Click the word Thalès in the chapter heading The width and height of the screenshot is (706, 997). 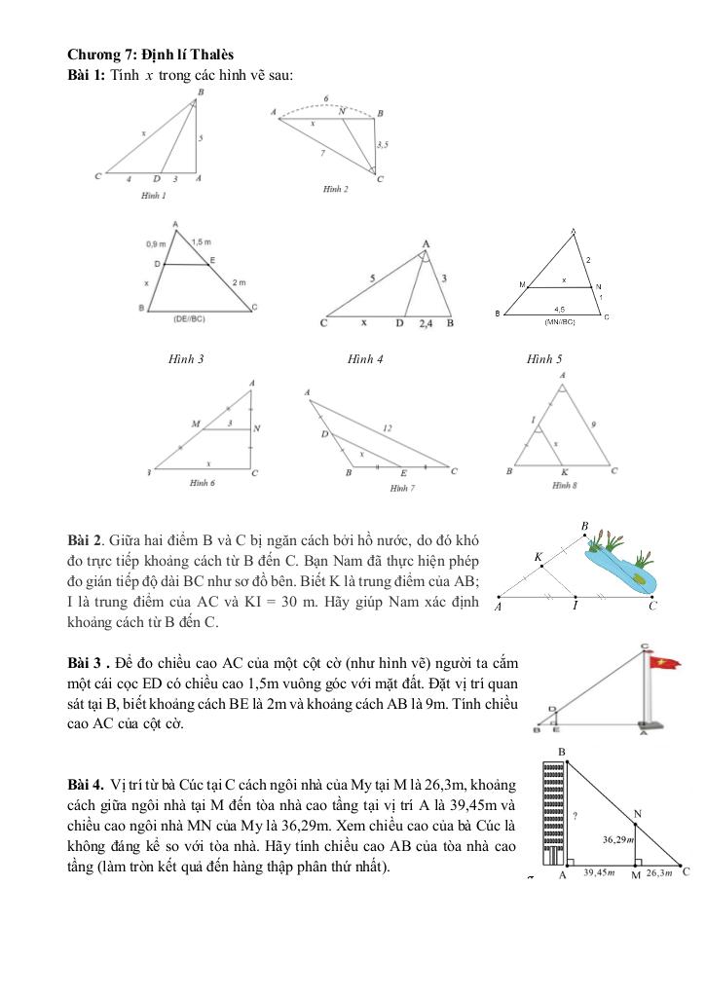pos(209,55)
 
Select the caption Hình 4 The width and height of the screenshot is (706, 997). pos(365,359)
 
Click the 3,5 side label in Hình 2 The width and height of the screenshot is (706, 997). pos(383,144)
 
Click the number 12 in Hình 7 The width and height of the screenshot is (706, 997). pos(388,427)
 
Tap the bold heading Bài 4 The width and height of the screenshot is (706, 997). pos(85,784)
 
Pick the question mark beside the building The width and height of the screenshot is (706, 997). pos(576,816)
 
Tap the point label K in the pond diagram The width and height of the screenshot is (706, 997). pos(539,557)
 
